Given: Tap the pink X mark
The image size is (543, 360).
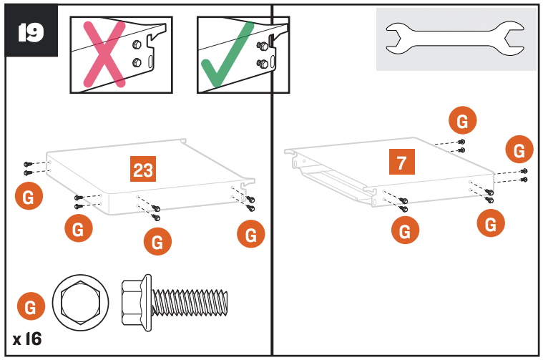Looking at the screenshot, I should (103, 54).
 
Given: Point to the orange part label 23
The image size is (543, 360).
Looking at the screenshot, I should (143, 170).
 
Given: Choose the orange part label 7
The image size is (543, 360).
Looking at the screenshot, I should (401, 162).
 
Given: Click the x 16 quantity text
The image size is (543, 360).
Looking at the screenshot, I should (27, 339).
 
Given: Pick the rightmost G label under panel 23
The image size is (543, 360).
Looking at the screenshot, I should (250, 233).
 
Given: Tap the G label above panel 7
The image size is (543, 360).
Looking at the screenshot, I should (462, 122).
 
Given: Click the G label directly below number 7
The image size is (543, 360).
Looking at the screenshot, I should (405, 231).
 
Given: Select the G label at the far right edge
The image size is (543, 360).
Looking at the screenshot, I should (519, 150).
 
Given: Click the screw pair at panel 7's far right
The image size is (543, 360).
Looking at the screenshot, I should (524, 175).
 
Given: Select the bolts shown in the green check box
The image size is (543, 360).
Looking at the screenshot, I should (263, 55).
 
